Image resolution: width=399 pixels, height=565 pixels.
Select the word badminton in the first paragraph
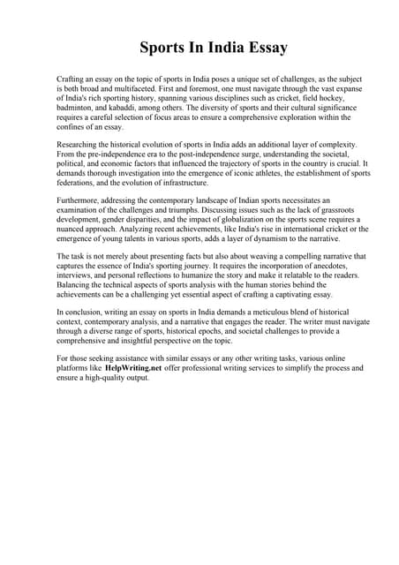pos(74,106)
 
